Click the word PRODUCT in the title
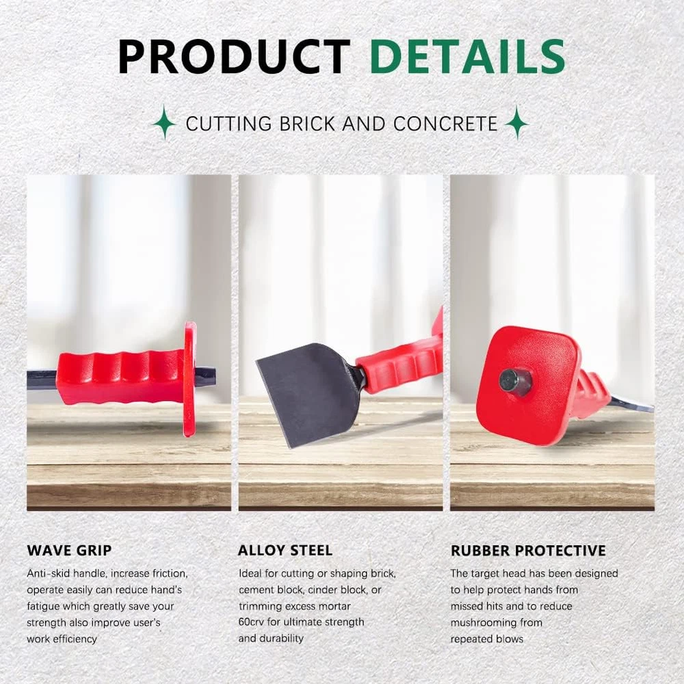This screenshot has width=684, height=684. click(234, 57)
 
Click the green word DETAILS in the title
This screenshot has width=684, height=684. click(468, 57)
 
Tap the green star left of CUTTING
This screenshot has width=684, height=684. click(164, 122)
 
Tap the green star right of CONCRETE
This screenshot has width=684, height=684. click(517, 122)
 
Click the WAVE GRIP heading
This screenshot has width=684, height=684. click(69, 551)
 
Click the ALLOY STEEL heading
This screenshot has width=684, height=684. click(285, 551)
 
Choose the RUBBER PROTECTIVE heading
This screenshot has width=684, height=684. click(528, 551)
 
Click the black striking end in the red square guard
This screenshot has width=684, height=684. click(515, 382)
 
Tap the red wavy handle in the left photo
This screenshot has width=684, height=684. click(120, 378)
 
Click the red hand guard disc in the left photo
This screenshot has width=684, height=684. click(189, 379)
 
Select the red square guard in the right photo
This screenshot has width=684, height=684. click(529, 386)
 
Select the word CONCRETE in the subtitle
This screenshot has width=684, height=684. click(445, 124)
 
